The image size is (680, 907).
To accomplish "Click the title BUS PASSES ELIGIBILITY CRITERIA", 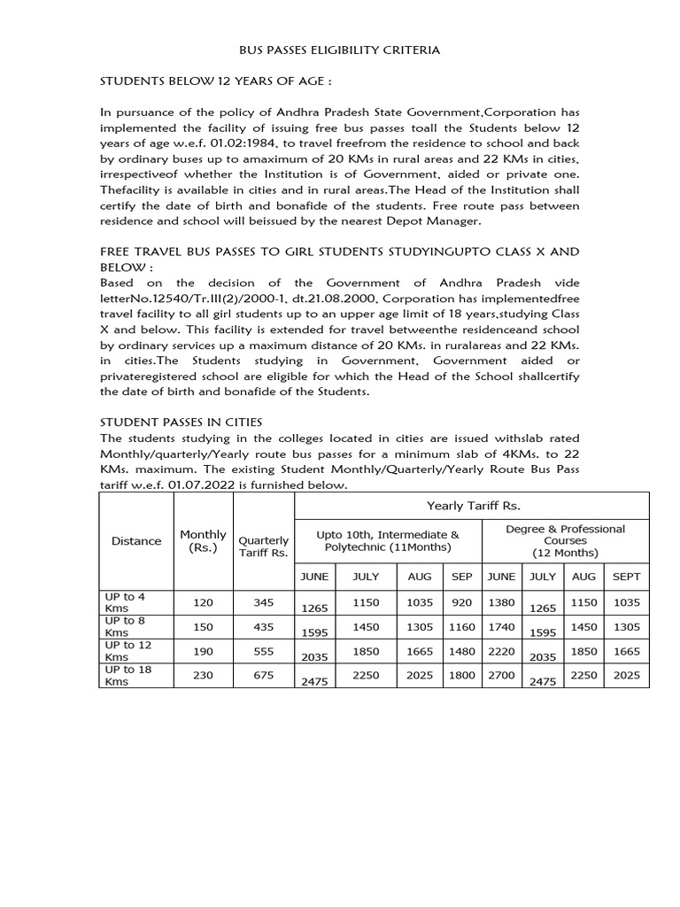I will (x=341, y=50).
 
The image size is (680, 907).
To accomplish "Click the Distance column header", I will (x=136, y=540).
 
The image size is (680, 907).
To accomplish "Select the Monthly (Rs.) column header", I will (x=203, y=540).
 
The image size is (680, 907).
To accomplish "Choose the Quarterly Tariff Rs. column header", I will (x=263, y=547).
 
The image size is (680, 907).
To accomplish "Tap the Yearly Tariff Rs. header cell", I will (x=471, y=505).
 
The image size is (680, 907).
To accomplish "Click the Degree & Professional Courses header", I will (x=565, y=540).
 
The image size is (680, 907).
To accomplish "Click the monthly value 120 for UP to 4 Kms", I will (x=203, y=602).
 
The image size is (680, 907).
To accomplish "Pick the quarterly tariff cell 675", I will (x=263, y=675).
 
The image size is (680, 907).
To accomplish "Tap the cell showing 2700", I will (x=501, y=675).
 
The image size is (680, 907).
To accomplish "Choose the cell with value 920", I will (x=462, y=602).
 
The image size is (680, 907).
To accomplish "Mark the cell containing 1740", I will (x=501, y=626).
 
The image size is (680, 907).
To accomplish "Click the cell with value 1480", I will (x=462, y=651).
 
